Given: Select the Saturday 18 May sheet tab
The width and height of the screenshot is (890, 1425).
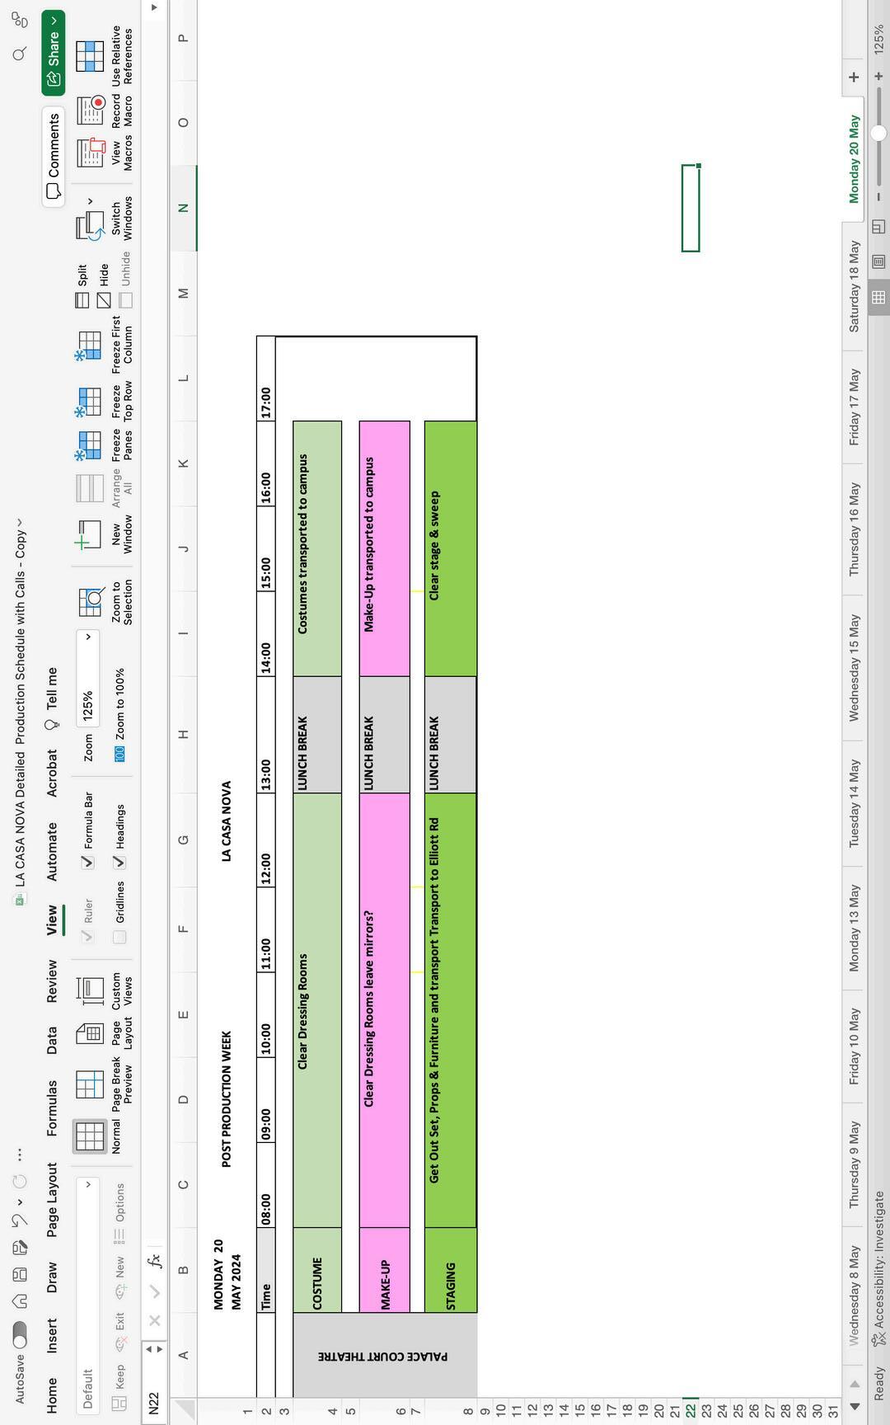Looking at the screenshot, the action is click(x=854, y=287).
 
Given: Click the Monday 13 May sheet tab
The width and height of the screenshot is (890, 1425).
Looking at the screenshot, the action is click(x=854, y=928).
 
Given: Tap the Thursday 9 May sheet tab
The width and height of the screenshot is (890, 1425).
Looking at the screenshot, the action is click(x=854, y=1164).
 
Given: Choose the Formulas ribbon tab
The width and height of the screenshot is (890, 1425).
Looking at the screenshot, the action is click(x=52, y=1108).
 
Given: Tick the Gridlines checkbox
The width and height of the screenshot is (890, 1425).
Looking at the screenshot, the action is click(x=119, y=937).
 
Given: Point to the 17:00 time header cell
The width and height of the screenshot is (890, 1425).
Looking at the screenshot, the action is click(x=265, y=402).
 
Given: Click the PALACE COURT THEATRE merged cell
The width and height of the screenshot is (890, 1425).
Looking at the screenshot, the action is click(x=384, y=1356).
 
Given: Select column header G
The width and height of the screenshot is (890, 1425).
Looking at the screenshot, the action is click(x=183, y=839).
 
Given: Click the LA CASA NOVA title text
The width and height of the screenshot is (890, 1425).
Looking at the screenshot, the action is click(x=226, y=821).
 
